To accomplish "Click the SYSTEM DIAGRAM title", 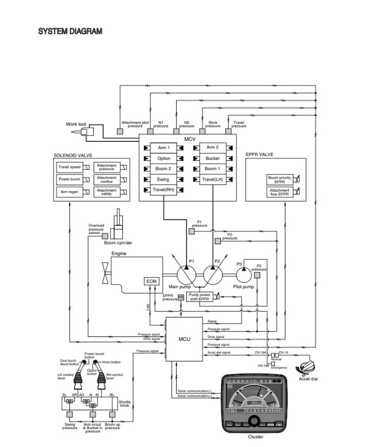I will point(70,31).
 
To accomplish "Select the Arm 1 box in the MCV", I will point(164,148).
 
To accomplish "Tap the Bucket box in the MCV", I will point(212,158).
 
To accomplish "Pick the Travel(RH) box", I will point(164,190).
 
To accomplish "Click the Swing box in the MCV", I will point(164,179).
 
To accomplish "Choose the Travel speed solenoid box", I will point(69,167).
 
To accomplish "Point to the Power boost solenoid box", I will point(69,179).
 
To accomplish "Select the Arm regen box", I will point(69,192).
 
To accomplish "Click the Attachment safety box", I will point(106,192).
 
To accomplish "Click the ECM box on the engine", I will point(150,281).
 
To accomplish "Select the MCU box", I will point(184,339).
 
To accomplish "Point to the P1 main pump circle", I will point(185,272).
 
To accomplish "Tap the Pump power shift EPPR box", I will point(198,297).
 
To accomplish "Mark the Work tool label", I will point(76,125).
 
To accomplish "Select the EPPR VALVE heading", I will point(260,154).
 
